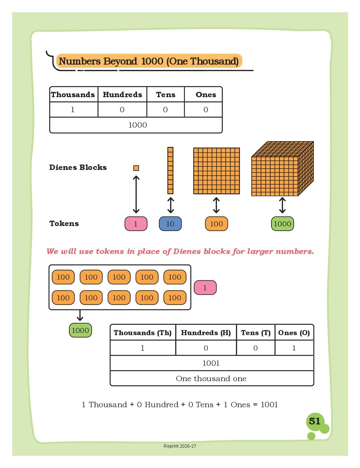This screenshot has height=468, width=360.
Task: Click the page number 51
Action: click(x=314, y=421)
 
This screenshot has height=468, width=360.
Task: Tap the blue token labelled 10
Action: click(x=170, y=223)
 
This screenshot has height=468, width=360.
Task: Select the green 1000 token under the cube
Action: click(x=282, y=223)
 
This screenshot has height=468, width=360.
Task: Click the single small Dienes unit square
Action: click(x=136, y=168)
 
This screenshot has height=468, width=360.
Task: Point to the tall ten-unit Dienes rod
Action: click(x=170, y=171)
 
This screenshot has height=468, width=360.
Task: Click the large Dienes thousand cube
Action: click(x=282, y=169)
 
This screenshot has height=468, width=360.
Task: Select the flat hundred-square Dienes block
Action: click(x=216, y=171)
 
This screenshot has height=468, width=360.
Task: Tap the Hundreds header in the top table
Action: click(x=122, y=95)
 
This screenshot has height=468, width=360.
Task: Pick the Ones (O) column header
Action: click(x=294, y=333)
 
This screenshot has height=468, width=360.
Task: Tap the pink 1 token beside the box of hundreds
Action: click(x=205, y=287)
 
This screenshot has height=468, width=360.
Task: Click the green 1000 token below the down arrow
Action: click(x=80, y=330)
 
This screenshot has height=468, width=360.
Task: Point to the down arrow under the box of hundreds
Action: click(x=80, y=316)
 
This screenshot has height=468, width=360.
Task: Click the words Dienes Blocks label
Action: click(x=78, y=167)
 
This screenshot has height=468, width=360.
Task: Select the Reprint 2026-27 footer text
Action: click(x=180, y=446)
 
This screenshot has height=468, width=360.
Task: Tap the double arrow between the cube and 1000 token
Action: click(x=282, y=205)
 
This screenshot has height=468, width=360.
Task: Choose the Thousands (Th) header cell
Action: click(x=143, y=333)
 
